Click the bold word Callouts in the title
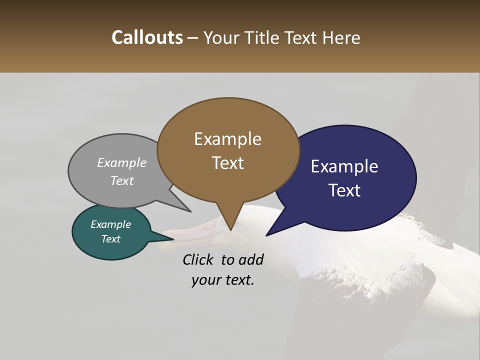[x=147, y=37]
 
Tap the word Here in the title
[x=342, y=37]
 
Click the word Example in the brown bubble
[x=227, y=139]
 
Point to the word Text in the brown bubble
[x=227, y=163]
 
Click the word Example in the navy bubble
[x=344, y=166]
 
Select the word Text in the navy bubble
[x=344, y=190]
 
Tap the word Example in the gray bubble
[x=122, y=162]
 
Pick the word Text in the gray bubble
[x=122, y=180]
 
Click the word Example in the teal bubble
[x=110, y=224]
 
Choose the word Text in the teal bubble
[x=110, y=239]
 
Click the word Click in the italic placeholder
[x=198, y=259]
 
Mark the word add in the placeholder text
[x=251, y=259]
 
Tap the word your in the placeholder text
[x=205, y=280]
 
